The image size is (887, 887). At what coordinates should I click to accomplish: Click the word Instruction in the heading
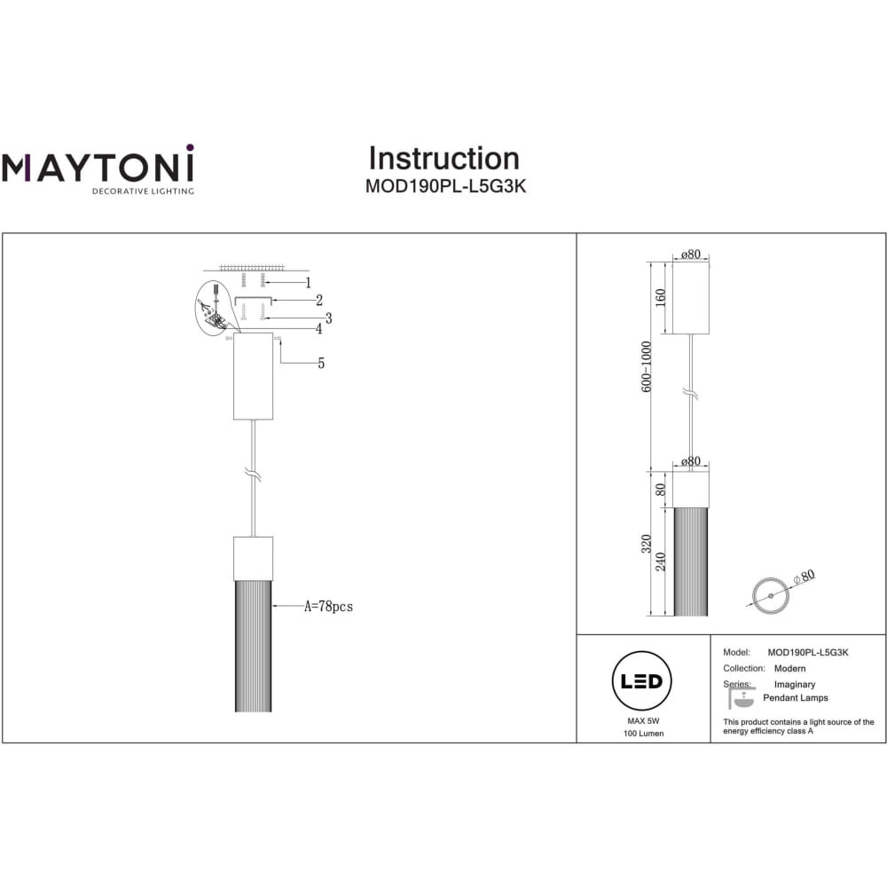[x=444, y=159]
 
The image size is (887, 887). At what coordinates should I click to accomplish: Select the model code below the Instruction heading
[x=446, y=186]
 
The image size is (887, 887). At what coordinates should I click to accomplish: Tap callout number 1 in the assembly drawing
[x=309, y=282]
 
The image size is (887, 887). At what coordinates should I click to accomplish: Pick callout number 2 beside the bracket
[x=319, y=300]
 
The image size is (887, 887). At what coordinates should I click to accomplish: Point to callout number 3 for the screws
[x=328, y=318]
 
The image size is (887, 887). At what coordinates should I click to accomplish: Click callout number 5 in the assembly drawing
[x=321, y=363]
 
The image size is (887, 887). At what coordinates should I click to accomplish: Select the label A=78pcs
[x=329, y=607]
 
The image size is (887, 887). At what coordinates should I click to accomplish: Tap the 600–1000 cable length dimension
[x=647, y=366]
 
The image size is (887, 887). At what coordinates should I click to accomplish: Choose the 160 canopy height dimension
[x=660, y=297]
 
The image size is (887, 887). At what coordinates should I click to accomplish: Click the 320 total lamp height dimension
[x=647, y=544]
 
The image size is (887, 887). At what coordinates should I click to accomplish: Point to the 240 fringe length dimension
[x=660, y=561]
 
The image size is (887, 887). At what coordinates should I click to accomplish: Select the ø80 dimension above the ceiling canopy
[x=691, y=255]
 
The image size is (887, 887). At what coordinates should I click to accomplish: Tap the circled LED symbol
[x=641, y=681]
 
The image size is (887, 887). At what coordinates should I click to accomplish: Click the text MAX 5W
[x=643, y=721]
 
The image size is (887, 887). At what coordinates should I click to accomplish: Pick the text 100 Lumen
[x=644, y=734]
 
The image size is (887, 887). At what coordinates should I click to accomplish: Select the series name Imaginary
[x=795, y=685]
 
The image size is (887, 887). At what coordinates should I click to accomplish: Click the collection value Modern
[x=789, y=669]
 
